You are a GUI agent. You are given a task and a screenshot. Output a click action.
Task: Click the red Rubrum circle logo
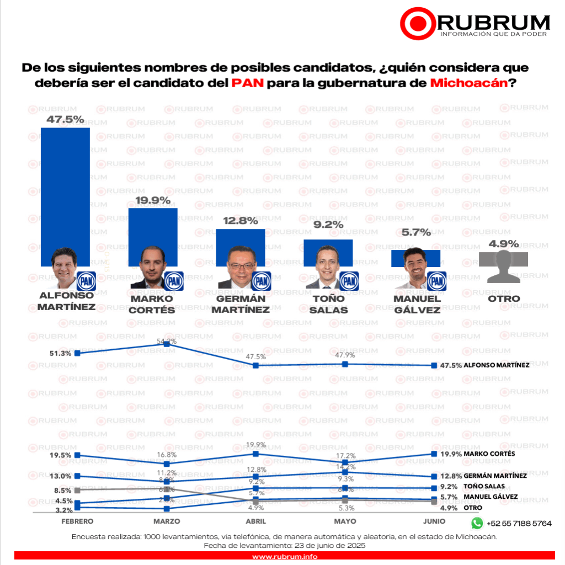tap(417, 24)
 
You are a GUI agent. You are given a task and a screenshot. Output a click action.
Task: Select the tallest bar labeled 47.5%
tap(65, 188)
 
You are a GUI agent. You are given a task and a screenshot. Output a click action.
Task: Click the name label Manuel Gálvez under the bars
tap(417, 304)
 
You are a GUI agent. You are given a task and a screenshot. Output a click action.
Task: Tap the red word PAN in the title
tap(248, 83)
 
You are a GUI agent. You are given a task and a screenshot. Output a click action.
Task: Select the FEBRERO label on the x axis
tap(77, 521)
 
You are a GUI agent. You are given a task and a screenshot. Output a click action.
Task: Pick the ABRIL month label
tap(255, 521)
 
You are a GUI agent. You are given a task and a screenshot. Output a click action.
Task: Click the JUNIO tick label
tap(434, 521)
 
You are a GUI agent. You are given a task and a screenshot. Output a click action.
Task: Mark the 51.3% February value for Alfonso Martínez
tap(60, 353)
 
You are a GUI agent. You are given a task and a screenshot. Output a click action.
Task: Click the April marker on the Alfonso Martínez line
tap(255, 365)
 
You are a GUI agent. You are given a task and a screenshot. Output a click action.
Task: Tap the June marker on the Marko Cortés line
tap(434, 454)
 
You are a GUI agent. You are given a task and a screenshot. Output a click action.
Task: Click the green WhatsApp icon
tap(477, 523)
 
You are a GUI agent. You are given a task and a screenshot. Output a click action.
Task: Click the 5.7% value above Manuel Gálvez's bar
tap(416, 232)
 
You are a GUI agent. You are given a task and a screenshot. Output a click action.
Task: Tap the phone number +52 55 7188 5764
tap(519, 523)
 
